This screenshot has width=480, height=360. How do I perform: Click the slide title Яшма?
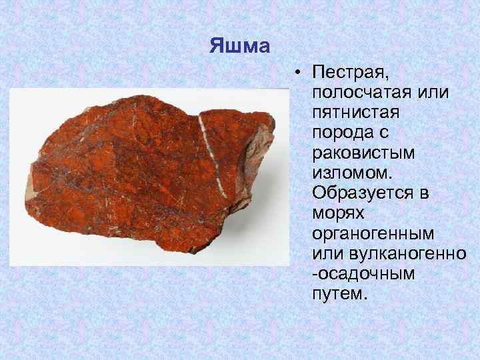pos(239,46)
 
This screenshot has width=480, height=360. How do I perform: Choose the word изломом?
pos(347,171)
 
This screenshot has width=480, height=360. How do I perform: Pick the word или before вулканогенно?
pos(324,253)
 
